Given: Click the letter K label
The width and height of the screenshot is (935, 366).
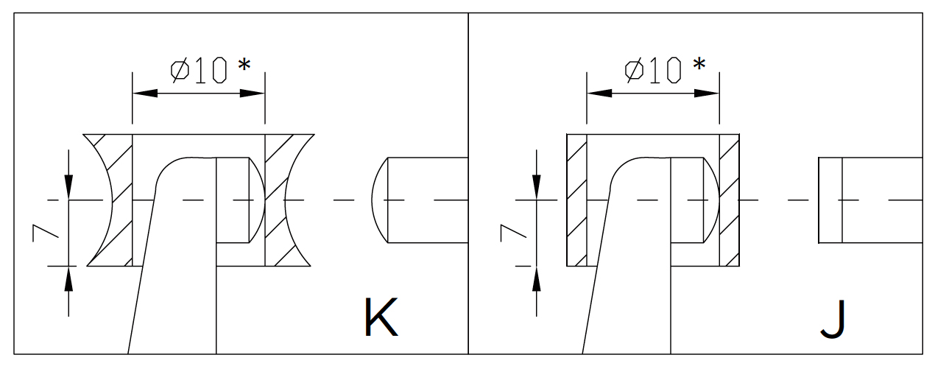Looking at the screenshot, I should click(381, 317).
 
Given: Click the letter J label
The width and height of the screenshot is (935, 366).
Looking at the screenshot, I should click(834, 317).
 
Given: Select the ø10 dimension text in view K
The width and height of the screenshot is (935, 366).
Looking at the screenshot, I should click(199, 71).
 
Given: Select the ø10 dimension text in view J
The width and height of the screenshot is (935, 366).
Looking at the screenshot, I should click(653, 71).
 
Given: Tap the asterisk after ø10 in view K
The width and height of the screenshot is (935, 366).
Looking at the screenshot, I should click(244, 66).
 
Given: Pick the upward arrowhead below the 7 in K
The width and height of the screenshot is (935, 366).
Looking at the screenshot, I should click(68, 278).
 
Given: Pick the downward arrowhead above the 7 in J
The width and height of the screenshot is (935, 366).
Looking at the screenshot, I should click(537, 187).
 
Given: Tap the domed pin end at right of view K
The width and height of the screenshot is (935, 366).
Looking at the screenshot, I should click(380, 200).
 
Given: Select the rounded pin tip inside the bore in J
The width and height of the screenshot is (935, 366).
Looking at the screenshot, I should click(710, 200).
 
